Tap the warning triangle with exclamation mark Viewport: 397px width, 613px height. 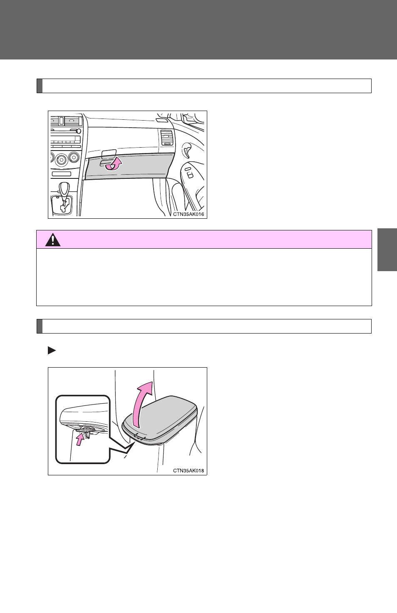coord(53,240)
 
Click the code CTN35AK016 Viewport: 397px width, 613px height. coord(189,214)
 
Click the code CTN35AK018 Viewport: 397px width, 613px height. coord(189,471)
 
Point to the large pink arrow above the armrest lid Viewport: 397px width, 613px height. coord(142,405)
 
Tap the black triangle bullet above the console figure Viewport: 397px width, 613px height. coord(52,350)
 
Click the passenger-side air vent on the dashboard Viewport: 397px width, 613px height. coord(166,138)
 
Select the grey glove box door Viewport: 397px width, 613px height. coord(129,166)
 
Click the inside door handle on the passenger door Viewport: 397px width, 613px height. coord(187,150)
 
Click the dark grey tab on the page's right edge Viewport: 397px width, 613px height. coord(387,250)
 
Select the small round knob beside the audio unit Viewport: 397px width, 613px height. coord(79,131)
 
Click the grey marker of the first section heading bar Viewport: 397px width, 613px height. coord(40,86)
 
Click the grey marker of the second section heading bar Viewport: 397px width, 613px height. coord(40,326)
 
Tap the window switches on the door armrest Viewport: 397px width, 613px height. coord(189,173)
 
